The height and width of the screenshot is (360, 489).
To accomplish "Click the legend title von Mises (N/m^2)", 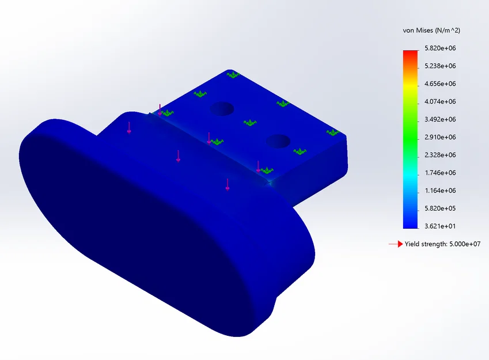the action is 431,31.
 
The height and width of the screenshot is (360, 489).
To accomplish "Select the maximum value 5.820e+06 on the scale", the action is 440,48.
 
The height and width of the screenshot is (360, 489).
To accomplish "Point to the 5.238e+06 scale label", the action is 440,66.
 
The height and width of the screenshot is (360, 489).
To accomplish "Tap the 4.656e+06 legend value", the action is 440,84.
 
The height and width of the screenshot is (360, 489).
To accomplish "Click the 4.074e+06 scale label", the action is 440,101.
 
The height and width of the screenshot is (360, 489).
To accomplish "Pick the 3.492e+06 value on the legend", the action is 440,119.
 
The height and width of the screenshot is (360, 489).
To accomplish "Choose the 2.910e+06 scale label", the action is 440,137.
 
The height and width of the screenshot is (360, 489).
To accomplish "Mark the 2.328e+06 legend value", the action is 440,155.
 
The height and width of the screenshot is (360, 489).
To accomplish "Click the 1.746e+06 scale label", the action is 440,173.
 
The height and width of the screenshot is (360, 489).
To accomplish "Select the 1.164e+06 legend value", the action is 440,190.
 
